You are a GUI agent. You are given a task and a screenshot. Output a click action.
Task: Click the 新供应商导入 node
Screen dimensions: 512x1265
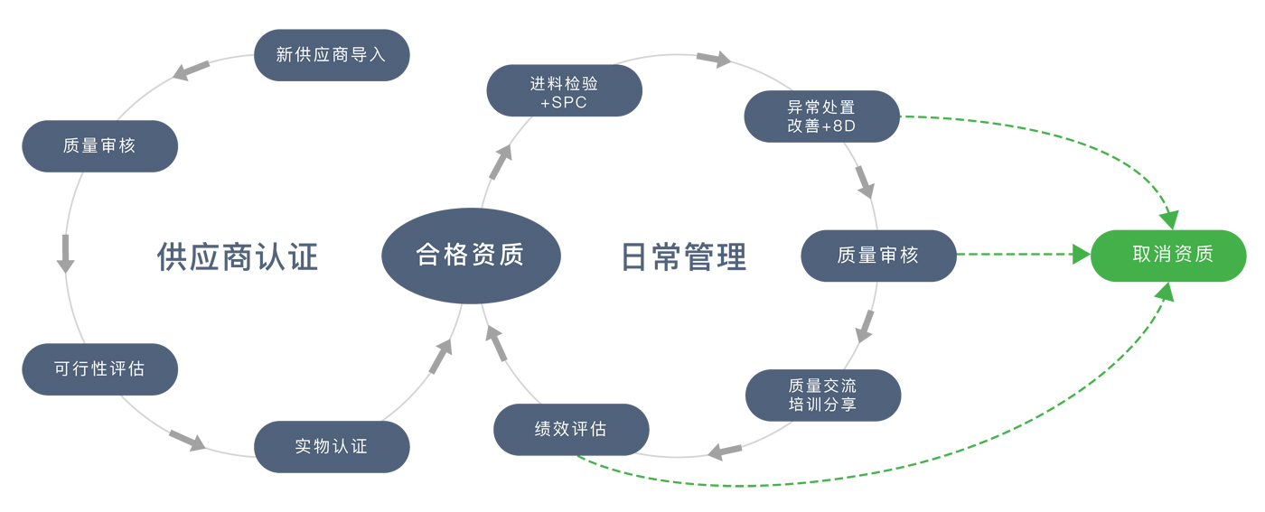[x=332, y=55]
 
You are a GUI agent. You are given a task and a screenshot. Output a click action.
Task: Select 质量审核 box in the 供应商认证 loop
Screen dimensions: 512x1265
[x=99, y=145]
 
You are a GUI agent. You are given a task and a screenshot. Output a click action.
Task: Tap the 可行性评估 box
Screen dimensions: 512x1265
[x=99, y=368]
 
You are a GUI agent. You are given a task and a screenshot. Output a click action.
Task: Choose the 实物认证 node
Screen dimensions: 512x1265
[x=332, y=446]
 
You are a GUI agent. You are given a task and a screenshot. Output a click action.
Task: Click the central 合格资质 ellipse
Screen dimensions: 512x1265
[x=471, y=255]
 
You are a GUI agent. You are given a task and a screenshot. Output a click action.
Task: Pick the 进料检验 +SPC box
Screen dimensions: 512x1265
[x=564, y=91]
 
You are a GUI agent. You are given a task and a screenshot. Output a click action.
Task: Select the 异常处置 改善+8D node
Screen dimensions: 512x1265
[x=821, y=116]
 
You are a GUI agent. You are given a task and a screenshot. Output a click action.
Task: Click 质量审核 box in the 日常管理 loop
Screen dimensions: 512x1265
[x=878, y=256]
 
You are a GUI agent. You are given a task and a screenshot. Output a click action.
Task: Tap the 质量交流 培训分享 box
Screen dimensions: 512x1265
[x=822, y=395]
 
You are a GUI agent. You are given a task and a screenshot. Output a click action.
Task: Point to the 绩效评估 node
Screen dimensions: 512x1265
[x=571, y=429]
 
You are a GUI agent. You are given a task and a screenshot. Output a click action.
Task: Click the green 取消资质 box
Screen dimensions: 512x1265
[x=1168, y=256]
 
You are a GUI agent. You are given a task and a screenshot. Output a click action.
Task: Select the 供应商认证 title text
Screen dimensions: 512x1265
[x=238, y=256]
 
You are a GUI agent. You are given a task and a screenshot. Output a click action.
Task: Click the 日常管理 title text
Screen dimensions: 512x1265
[x=684, y=256]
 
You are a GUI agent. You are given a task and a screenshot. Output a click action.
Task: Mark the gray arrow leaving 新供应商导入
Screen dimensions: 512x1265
[x=192, y=70]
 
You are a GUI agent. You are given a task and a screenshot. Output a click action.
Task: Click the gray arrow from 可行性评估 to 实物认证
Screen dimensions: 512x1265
[x=187, y=440]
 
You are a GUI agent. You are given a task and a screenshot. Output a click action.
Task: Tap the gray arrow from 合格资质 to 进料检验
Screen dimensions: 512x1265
[x=500, y=163]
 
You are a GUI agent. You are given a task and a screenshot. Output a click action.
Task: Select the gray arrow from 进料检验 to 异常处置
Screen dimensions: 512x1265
[x=714, y=59]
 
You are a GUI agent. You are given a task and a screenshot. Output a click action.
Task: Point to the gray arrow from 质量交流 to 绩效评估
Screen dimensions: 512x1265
[x=726, y=450]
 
